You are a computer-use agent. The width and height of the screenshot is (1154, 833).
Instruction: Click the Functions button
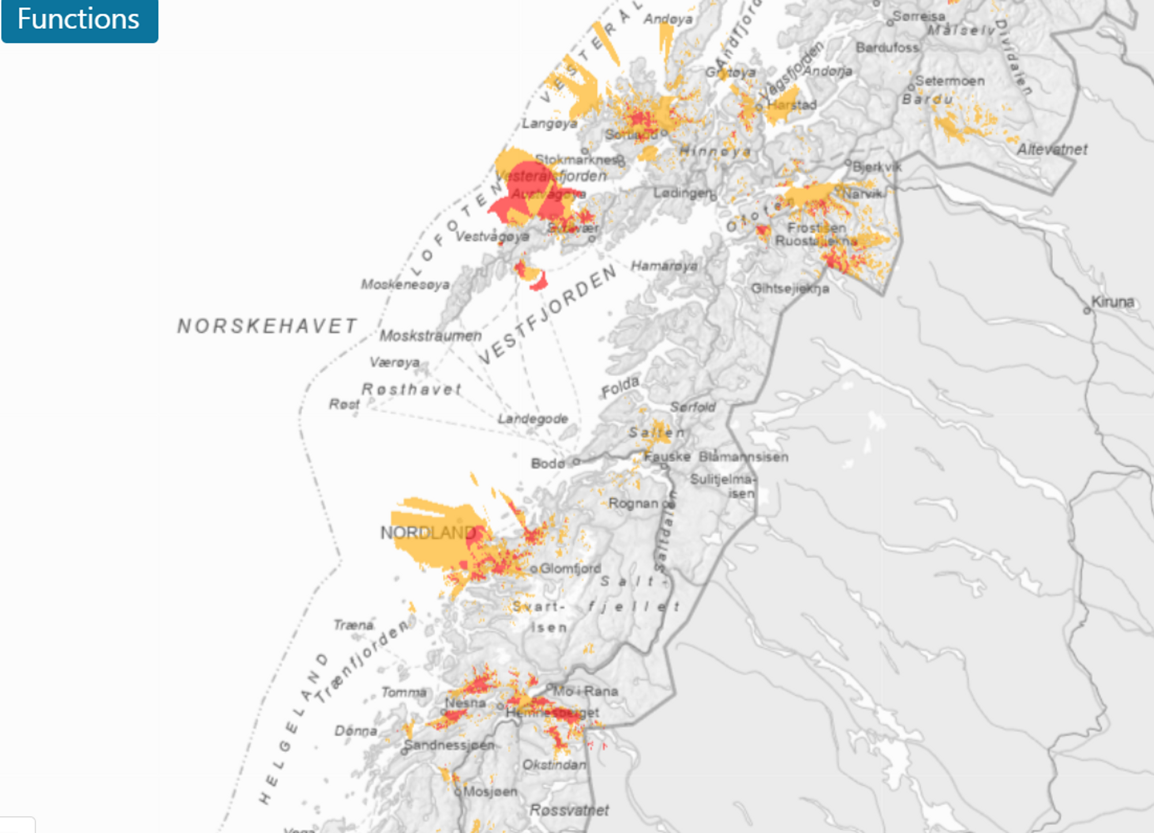pos(79,20)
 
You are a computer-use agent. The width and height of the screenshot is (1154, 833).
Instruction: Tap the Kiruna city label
pos(1112,301)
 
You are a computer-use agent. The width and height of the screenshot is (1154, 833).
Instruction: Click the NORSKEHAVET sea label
pos(267,326)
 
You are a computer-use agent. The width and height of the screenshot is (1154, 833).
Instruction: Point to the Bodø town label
pos(548,463)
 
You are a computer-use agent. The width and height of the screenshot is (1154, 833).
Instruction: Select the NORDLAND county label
pos(428,533)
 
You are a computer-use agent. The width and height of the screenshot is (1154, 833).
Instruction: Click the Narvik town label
pos(862,194)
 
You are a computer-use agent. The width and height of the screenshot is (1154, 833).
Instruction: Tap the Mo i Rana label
pos(586,691)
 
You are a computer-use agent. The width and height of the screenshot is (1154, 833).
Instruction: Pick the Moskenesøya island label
pos(405,284)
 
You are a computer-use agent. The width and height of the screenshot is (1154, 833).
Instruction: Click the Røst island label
pos(344,404)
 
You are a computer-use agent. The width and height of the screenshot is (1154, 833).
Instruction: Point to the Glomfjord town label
pos(570,568)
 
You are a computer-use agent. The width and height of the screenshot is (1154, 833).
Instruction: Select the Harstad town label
pos(792,105)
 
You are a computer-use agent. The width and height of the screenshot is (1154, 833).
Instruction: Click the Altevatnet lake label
pos(1052,150)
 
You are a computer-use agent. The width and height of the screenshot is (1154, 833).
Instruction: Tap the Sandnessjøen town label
pos(449,745)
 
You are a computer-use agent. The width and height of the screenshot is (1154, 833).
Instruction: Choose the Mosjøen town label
pos(490,791)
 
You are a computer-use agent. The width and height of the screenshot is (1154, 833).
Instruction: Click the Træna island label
pos(353,625)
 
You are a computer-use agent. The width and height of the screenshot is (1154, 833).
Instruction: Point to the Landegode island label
pos(533,419)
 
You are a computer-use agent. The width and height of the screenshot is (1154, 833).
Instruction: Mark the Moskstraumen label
pos(430,336)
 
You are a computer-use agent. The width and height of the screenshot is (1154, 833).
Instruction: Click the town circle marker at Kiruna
pos(1087,311)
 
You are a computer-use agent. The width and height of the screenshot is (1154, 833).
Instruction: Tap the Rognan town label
pos(633,503)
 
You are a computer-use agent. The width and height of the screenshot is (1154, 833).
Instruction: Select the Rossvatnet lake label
pos(569,810)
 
